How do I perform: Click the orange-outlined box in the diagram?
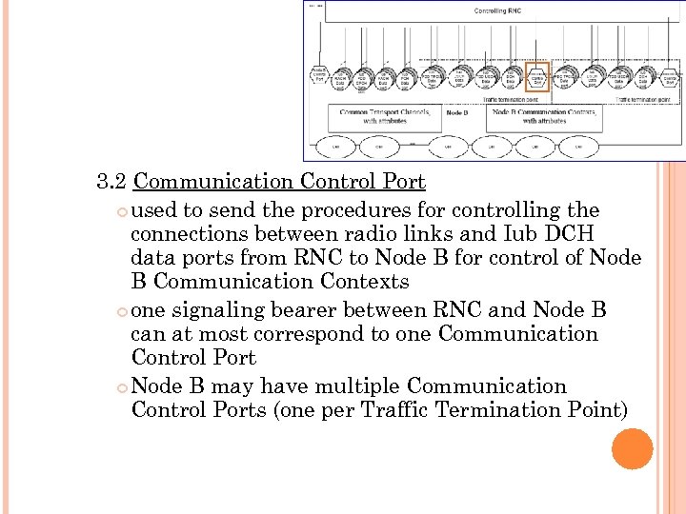tap(537, 77)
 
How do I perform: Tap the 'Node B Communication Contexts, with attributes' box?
tap(544, 116)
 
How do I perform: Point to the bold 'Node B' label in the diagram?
tap(457, 112)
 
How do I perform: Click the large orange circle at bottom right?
tap(632, 448)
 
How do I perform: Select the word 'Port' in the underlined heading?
tap(402, 182)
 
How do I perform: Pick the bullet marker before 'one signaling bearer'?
tap(121, 311)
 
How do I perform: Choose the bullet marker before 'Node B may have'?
tap(121, 387)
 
